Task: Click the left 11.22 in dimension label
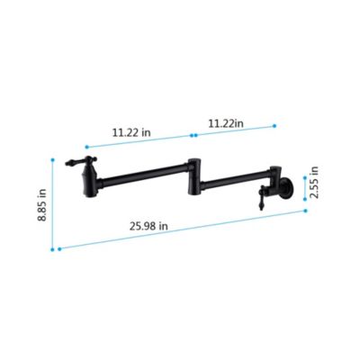(131, 131)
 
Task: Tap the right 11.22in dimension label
(225, 123)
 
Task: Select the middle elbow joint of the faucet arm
(193, 172)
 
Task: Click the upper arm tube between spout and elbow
(144, 167)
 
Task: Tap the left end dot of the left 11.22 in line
(85, 146)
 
